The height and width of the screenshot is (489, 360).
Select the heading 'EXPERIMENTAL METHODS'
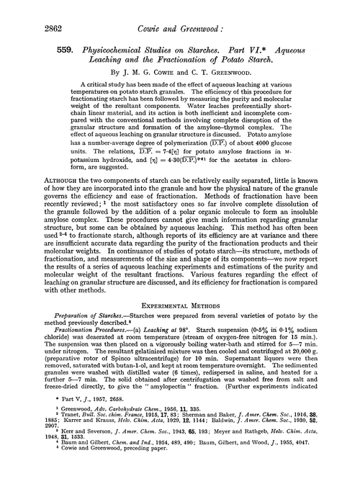[x=180, y=311]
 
